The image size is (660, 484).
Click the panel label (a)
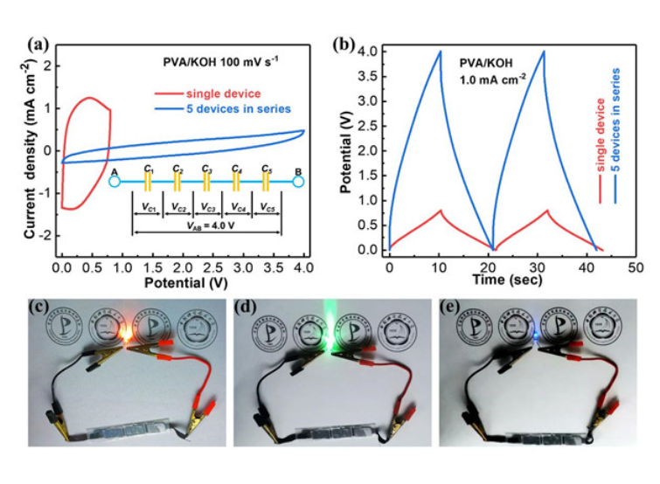38,43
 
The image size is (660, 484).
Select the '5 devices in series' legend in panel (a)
236,108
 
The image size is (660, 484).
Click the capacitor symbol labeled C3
206,181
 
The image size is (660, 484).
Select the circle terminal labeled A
115,182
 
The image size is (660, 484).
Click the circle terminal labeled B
298,182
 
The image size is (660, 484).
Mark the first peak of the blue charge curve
440,52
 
